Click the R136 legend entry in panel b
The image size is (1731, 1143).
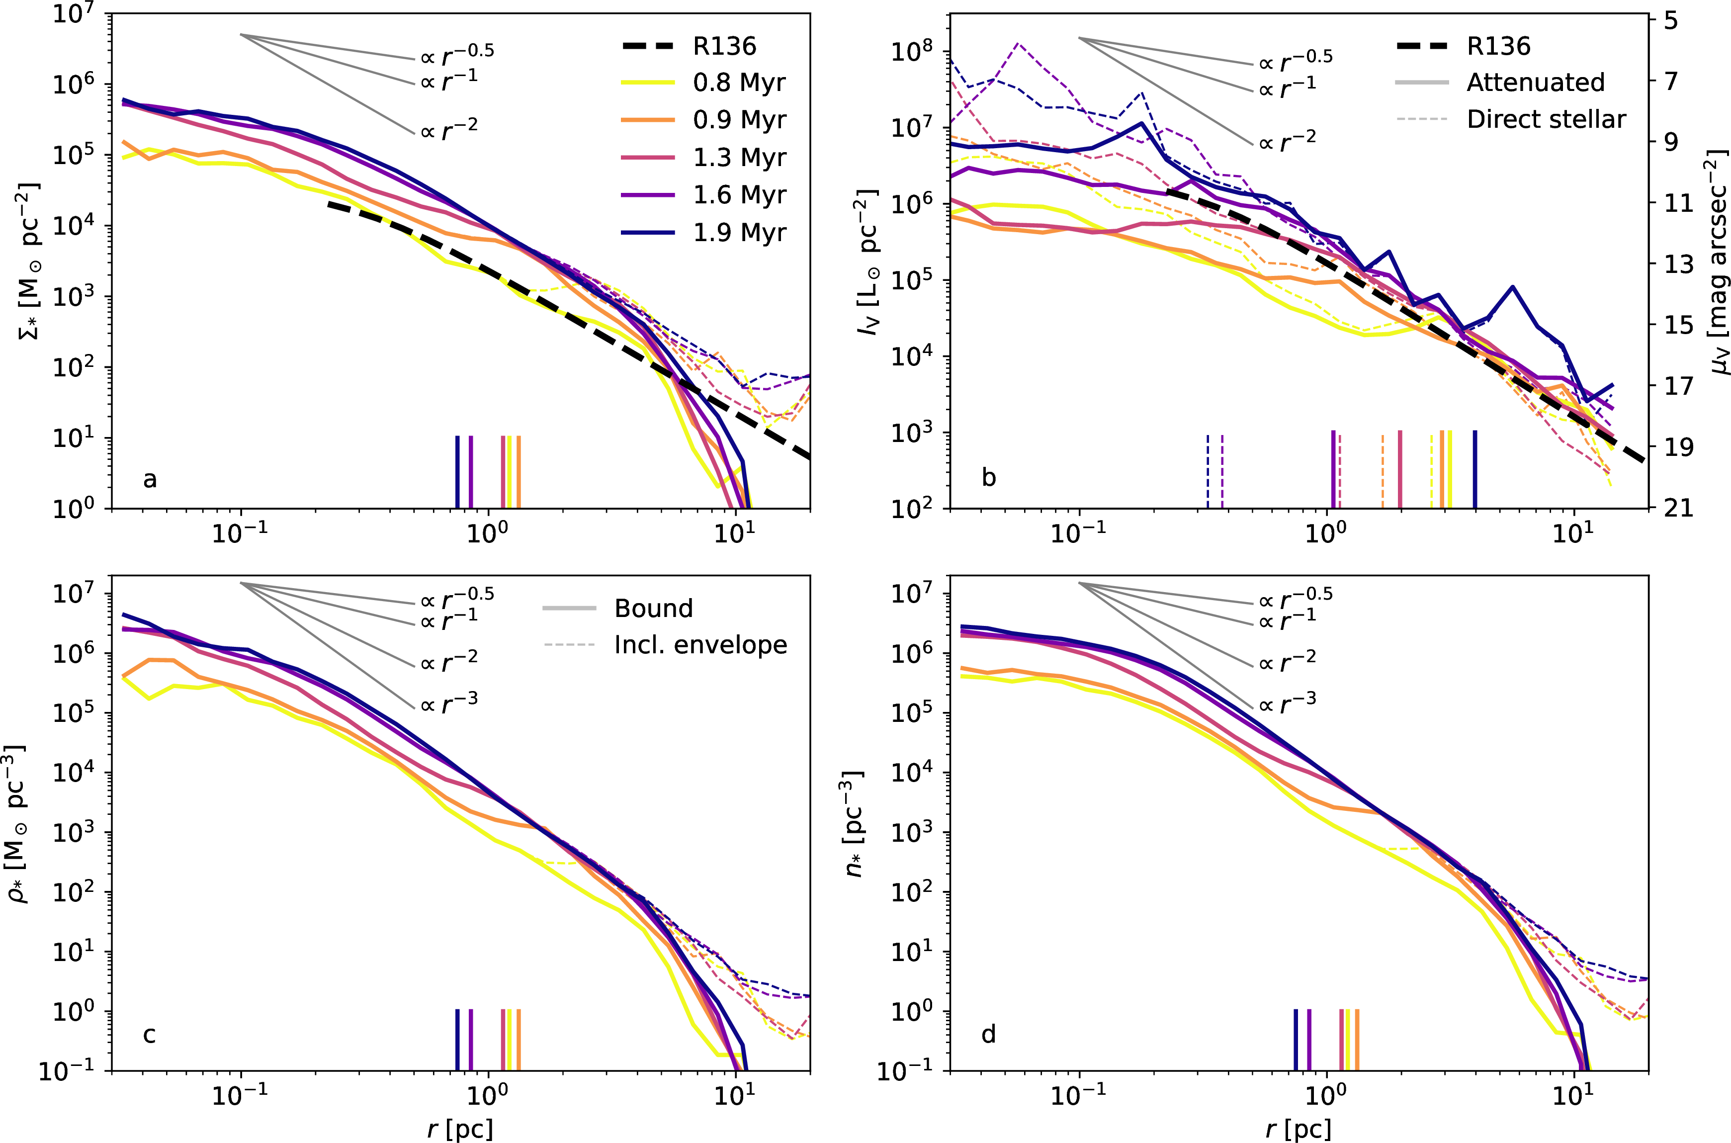pos(1498,46)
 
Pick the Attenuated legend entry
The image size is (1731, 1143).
pos(1535,83)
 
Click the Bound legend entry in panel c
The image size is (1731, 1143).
pos(653,608)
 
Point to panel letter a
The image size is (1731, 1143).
pos(150,479)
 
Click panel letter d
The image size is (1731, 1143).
pos(988,1034)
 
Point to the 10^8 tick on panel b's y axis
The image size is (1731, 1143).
pos(911,52)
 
